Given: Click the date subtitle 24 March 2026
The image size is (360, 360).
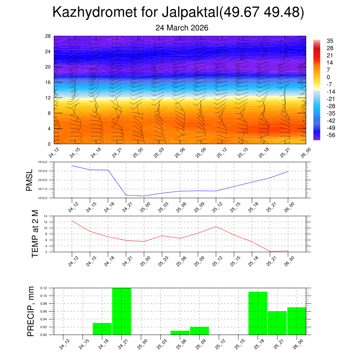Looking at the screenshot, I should pos(182,28).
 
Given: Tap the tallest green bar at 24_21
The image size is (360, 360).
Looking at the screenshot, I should pos(122,311).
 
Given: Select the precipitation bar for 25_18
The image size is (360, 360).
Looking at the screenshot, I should pos(258,313).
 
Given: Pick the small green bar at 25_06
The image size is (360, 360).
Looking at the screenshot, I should pos(180,333).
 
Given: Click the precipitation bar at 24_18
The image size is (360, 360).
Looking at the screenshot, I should pos(102,329).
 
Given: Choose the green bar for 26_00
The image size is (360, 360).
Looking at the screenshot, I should pos(296,321).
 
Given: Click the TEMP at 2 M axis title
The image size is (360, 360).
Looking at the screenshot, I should pos(35,234).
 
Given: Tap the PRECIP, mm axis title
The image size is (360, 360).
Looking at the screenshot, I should pos(31,311).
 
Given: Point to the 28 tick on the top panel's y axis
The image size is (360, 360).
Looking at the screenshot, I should pos(48,36).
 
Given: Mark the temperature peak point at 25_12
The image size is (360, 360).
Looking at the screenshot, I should pos(216,226).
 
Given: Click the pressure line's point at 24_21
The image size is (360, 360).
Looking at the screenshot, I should pos(126,195).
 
